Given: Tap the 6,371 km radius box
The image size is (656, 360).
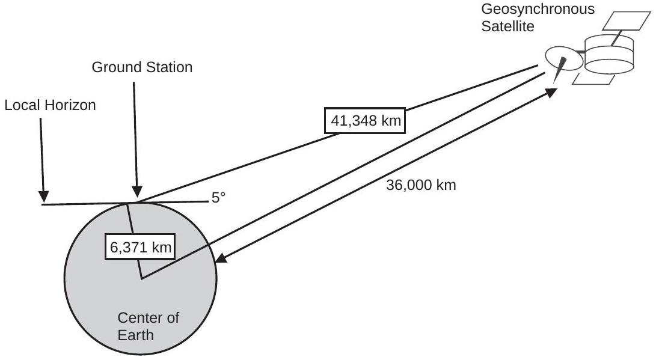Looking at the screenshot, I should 141,246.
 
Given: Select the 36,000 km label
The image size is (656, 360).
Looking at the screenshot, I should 421,185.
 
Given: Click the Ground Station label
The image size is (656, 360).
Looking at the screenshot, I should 142,67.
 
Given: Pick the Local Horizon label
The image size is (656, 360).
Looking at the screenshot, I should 50,105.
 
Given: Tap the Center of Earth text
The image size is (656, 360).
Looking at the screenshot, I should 148,326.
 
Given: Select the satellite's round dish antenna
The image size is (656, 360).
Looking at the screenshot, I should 563,58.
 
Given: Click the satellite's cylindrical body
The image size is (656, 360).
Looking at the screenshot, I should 610,53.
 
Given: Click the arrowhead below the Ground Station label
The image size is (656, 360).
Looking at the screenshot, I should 138,192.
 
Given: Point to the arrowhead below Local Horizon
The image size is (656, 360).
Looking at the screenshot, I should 43,197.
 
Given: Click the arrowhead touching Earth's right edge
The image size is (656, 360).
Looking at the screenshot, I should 221,259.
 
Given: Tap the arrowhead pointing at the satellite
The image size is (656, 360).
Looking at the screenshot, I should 551,91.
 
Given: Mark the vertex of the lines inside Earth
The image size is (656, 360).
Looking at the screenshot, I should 141,278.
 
